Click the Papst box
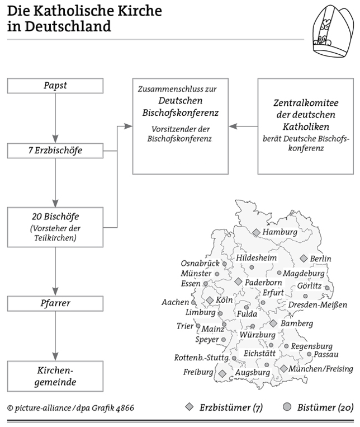tap(55, 86)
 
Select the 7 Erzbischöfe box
tap(55, 151)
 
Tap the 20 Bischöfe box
tap(55, 226)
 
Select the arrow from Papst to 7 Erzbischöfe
tap(55, 118)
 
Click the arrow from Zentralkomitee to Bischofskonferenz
tap(244, 126)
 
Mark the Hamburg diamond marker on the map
tap(255, 232)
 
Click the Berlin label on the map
tap(320, 259)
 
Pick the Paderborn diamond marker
tap(238, 281)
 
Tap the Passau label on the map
tap(325, 354)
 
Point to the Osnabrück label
tap(200, 263)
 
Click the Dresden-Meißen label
tap(318, 305)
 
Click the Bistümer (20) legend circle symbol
tap(287, 407)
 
